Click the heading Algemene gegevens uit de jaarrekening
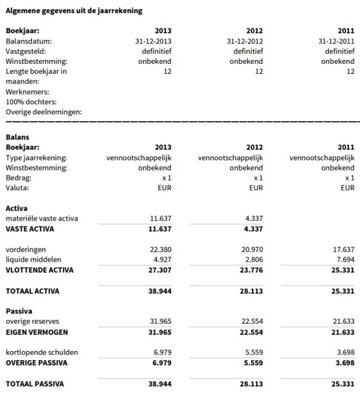tap(74, 11)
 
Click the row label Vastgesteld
tap(27, 51)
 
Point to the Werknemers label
tap(27, 91)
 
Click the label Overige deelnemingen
tap(44, 111)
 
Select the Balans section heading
tap(17, 137)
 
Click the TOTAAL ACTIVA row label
tap(33, 291)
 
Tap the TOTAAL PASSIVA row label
tap(35, 384)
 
